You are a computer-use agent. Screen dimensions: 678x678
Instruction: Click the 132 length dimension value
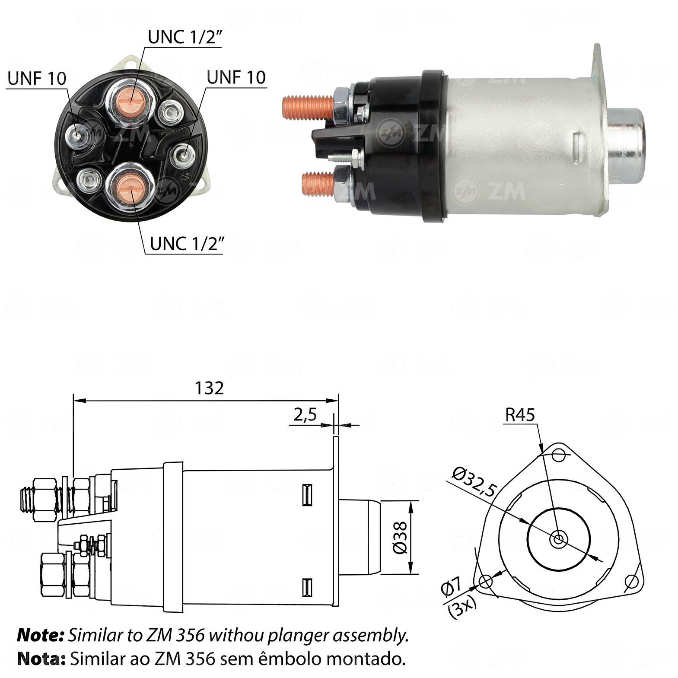point(209,388)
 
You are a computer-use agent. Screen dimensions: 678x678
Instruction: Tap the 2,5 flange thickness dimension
point(305,414)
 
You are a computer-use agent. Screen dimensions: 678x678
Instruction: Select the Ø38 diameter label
point(400,537)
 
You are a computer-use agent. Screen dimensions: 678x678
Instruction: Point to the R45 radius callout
point(520,415)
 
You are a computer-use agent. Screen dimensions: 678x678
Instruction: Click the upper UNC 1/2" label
point(185,38)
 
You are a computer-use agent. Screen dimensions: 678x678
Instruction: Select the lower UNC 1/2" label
point(187,244)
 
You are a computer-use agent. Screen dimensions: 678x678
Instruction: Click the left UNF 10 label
point(37,79)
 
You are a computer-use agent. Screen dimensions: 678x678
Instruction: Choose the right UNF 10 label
point(236,77)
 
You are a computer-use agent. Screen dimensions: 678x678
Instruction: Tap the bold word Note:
point(40,635)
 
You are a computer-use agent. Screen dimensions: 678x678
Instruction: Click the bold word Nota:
point(41,659)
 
